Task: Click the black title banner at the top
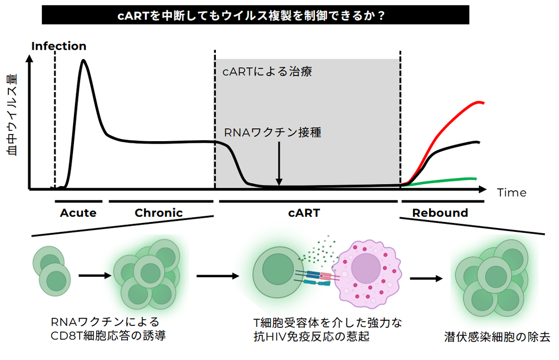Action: [x=255, y=15]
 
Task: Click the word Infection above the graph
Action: [x=58, y=46]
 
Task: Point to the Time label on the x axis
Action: [x=511, y=192]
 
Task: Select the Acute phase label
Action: [x=78, y=213]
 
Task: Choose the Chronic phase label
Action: [x=158, y=213]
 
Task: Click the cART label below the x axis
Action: [x=305, y=213]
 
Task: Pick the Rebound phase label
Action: [x=440, y=213]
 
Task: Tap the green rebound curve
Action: [x=450, y=179]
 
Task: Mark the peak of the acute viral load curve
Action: [x=83, y=61]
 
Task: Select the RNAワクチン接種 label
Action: [x=273, y=132]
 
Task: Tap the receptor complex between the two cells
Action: [x=316, y=279]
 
